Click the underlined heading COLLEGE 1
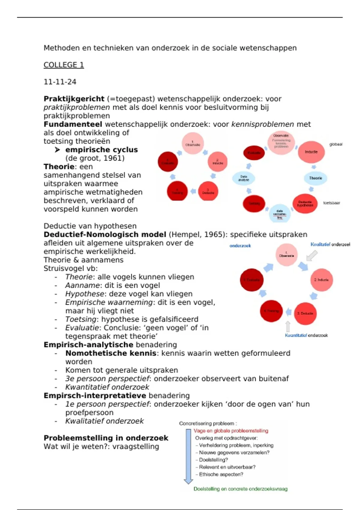(64, 65)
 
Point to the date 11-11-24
(60, 82)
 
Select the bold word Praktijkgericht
(74, 99)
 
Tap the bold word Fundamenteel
(73, 124)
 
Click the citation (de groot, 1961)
(95, 158)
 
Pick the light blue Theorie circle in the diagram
(315, 178)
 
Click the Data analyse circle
(244, 178)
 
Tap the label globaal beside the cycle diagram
(336, 144)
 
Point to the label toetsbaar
(331, 203)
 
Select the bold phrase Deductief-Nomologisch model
(105, 235)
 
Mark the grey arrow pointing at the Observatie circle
(312, 256)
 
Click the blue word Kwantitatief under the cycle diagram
(296, 335)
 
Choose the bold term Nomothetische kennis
(111, 353)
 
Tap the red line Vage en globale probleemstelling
(231, 431)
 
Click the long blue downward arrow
(188, 456)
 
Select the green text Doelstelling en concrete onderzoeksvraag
(240, 489)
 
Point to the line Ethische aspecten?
(221, 474)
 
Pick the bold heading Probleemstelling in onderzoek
(106, 438)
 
